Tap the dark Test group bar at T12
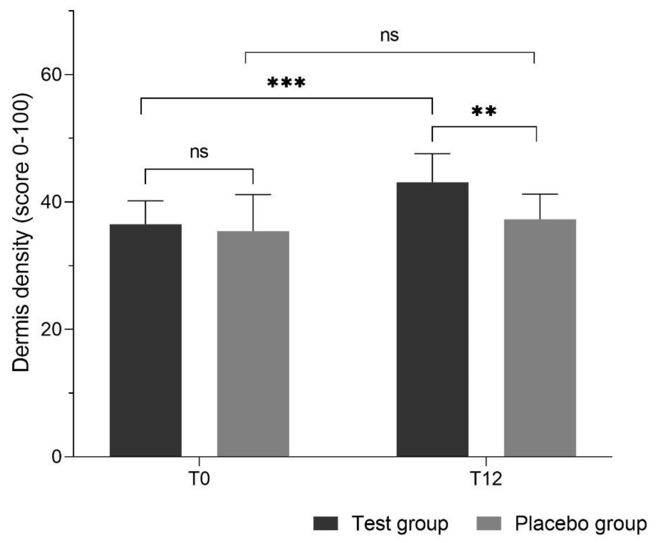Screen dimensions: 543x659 [432, 319]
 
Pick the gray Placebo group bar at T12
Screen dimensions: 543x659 [540, 338]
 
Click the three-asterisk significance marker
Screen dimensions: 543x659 [286, 83]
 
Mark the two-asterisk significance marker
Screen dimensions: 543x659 [484, 111]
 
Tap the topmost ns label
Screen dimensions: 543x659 [389, 35]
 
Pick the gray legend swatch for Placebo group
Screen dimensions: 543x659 [489, 523]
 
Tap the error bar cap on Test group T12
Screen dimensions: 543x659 [432, 154]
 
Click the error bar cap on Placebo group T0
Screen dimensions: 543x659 [253, 194]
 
